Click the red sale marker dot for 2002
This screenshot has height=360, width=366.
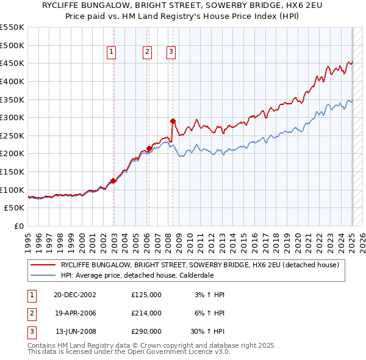113,181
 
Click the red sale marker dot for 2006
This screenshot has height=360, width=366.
149,148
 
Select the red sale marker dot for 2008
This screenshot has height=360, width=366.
173,121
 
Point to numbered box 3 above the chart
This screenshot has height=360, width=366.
171,52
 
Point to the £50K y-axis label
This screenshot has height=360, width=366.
15,208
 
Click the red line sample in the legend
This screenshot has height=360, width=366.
43,265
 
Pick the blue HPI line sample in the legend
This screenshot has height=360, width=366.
43,275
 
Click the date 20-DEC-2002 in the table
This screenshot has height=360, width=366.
75,295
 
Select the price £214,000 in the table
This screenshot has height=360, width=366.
146,313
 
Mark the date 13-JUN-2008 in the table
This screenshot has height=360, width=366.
76,331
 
